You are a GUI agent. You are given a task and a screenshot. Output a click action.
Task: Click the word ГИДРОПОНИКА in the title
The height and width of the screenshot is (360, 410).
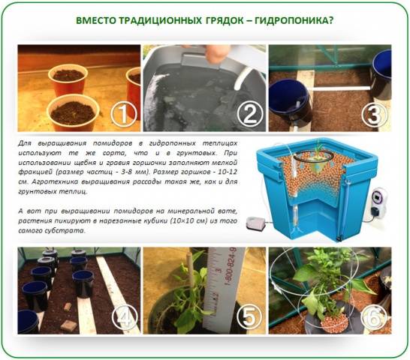[x=294, y=20]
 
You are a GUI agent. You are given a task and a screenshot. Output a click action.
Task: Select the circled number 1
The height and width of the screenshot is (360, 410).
[x=124, y=115]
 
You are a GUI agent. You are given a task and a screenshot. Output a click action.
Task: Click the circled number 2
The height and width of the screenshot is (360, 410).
[x=250, y=114]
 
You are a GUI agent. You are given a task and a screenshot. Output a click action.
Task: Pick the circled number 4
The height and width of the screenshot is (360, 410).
[x=125, y=317]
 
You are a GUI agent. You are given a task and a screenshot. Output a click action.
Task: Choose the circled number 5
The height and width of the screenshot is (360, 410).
[x=249, y=316]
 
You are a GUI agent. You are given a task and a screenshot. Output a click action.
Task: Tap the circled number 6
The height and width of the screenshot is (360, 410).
[x=374, y=317]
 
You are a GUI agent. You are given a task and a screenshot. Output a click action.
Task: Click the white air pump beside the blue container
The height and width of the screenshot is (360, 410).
[x=256, y=223]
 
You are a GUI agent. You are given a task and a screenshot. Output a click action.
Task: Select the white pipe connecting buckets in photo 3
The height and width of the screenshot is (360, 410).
[x=340, y=88]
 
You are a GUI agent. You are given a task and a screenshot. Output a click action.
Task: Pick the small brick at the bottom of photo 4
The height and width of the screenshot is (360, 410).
[x=69, y=325]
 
